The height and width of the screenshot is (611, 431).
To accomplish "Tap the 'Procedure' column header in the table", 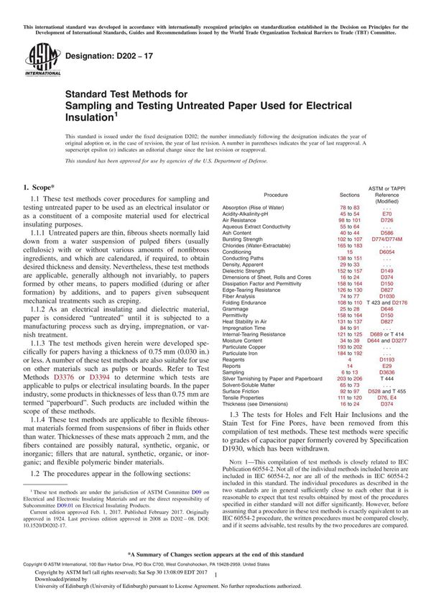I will (x=276, y=195).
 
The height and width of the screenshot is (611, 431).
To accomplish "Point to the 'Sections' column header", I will (x=349, y=195).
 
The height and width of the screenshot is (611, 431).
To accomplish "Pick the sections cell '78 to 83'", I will (x=349, y=207).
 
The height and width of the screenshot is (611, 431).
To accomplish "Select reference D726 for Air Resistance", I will (x=387, y=220).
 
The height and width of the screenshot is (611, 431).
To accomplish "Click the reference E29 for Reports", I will (x=387, y=385).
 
